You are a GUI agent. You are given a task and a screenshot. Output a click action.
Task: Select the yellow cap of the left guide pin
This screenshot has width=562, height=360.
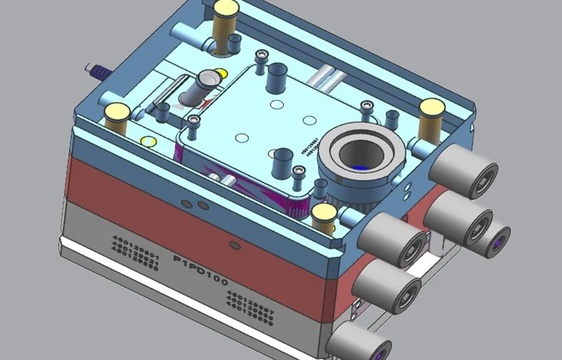[117, 112]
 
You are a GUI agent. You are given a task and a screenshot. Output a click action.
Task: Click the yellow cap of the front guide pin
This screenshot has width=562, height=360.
[324, 212]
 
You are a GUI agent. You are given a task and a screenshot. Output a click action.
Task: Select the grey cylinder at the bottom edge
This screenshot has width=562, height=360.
[357, 342]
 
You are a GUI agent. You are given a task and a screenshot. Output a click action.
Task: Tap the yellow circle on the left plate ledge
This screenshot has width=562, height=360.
[148, 140]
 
